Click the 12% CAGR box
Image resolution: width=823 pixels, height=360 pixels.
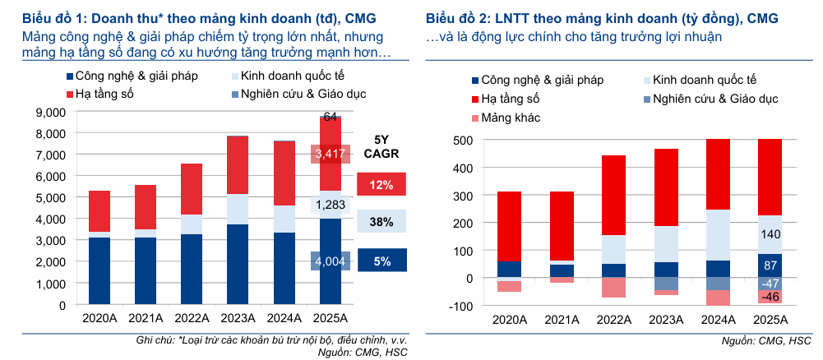click(381, 184)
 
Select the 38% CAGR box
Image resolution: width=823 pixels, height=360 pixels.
click(381, 222)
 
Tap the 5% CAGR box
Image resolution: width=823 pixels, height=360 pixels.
click(381, 261)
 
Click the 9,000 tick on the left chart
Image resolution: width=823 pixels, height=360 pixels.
click(50, 112)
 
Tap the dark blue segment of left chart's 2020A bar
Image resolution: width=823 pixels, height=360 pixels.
click(99, 270)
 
